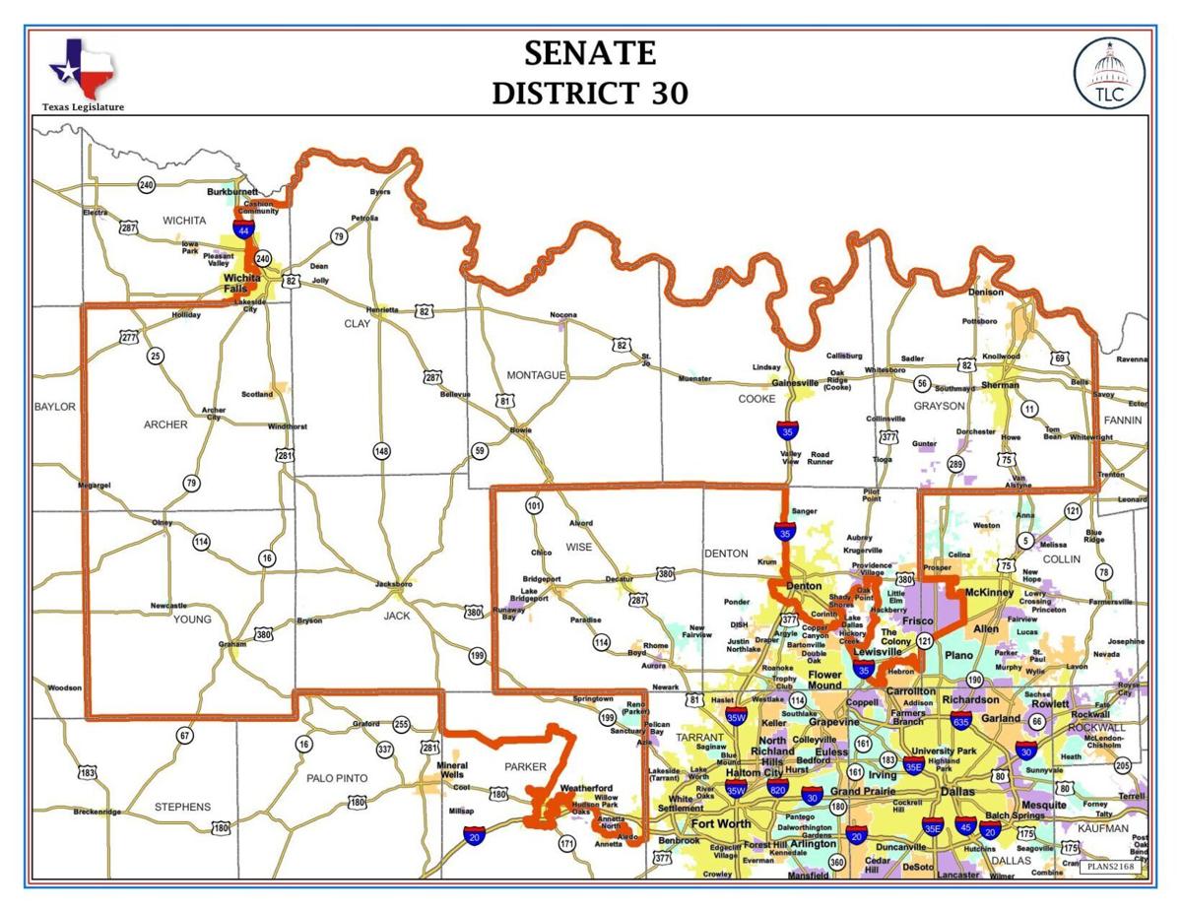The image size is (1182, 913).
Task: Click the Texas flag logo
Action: coord(82,68)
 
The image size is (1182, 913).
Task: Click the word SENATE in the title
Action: coord(590,52)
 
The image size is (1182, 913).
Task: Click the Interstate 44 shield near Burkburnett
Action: coord(243,229)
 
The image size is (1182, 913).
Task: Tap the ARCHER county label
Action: coord(165,424)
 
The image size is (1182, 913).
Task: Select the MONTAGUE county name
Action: coord(536,375)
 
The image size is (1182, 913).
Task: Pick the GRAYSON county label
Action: coord(938,406)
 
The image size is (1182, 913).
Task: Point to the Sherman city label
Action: coord(1000,385)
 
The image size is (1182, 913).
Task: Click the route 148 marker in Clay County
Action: coord(381,451)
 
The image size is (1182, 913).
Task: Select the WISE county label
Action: coord(579,547)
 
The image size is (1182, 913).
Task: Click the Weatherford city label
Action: coord(587,788)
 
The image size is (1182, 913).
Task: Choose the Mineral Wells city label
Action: coord(452,769)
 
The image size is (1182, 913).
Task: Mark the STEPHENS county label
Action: coord(182,807)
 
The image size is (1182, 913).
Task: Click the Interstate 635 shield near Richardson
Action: coord(961,721)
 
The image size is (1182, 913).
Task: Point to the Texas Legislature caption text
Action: coord(83,106)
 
